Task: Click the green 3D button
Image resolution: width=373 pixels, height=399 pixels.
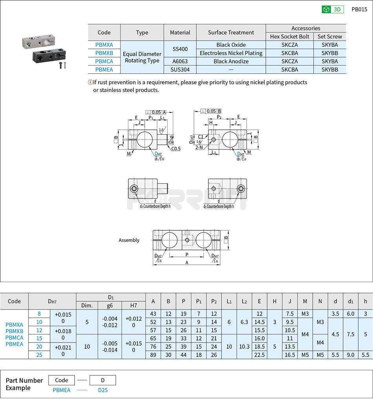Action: tap(333, 9)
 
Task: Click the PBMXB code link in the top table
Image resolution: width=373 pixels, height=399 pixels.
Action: tap(104, 53)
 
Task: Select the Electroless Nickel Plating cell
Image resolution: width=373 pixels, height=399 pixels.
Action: tap(231, 53)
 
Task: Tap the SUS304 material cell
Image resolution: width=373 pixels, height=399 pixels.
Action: tap(180, 69)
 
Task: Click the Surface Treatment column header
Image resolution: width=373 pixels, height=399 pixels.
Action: tap(231, 33)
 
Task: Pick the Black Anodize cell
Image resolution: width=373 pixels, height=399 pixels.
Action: tap(231, 61)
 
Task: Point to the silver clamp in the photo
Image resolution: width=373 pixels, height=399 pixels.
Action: tap(39, 41)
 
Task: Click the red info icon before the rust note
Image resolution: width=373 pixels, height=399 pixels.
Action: tap(90, 82)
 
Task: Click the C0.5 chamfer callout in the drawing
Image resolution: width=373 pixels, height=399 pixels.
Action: tap(176, 149)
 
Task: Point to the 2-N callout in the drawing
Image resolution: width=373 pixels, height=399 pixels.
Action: tap(199, 147)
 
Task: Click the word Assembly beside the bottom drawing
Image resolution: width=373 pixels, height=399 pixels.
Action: tap(129, 240)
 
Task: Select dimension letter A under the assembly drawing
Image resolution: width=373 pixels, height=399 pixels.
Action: tap(187, 262)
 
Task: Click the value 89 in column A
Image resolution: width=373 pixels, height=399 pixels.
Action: tap(153, 355)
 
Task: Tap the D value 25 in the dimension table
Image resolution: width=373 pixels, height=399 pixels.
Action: tap(39, 355)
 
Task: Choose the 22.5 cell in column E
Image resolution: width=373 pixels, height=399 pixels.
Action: tap(259, 355)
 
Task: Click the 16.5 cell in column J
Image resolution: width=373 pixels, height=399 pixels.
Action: tap(290, 355)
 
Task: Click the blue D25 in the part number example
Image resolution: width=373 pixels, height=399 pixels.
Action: tap(102, 390)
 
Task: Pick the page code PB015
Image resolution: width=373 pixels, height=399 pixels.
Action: tap(359, 9)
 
